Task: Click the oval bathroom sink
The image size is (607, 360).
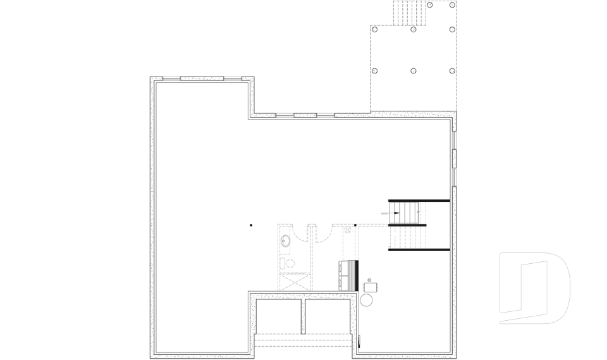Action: (286, 240)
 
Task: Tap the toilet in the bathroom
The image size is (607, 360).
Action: (285, 263)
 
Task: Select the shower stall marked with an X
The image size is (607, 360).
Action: (295, 281)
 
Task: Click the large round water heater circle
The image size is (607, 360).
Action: (367, 300)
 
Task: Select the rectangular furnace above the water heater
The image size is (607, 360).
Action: (371, 287)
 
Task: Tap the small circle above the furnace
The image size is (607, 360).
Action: (369, 279)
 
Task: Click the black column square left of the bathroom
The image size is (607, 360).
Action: (251, 225)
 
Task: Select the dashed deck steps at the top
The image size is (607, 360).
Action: (408, 13)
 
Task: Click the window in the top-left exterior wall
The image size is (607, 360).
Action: (202, 78)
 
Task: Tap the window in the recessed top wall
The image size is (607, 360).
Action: (305, 115)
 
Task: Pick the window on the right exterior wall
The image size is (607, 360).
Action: (453, 158)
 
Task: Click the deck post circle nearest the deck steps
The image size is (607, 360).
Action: (430, 4)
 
